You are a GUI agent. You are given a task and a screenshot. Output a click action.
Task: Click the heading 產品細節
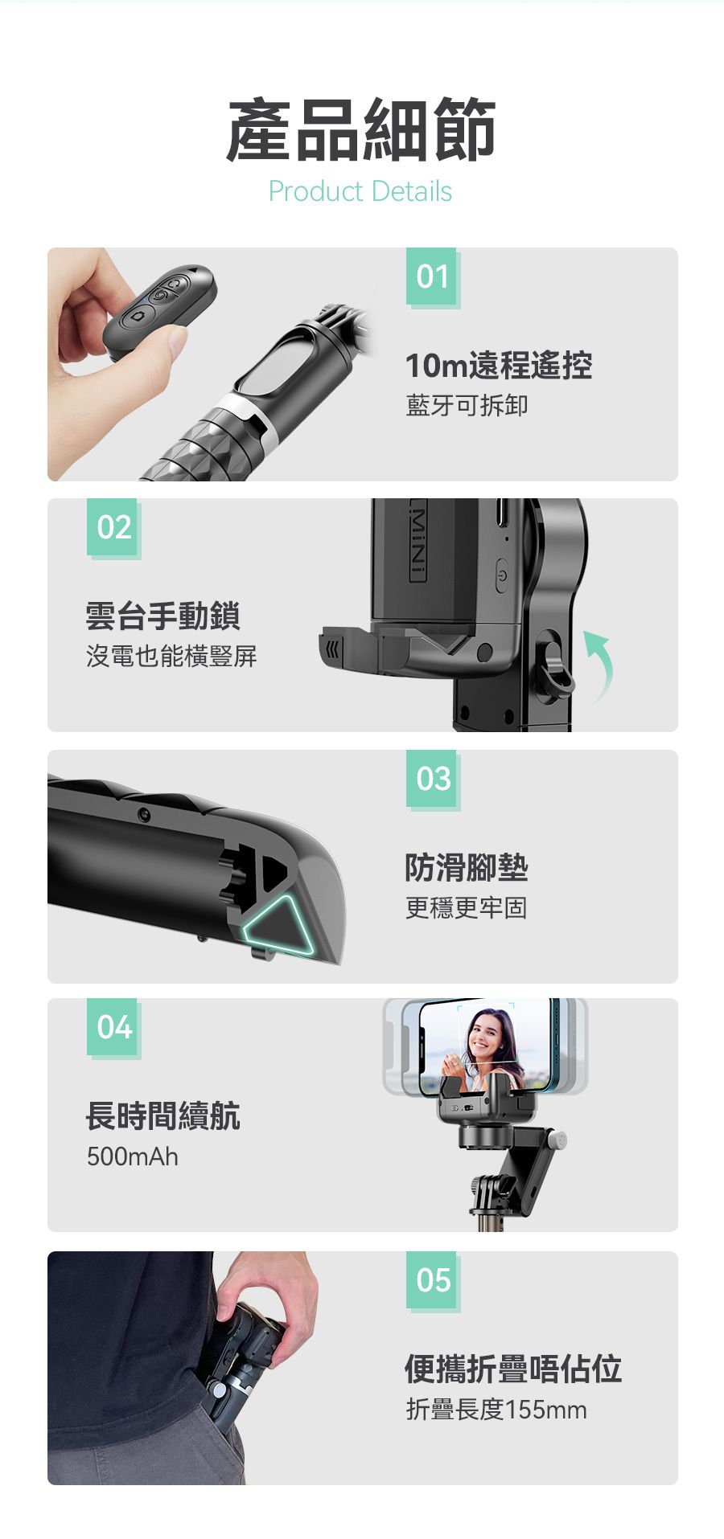click(361, 129)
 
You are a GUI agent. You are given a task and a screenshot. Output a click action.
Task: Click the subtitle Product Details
click(360, 191)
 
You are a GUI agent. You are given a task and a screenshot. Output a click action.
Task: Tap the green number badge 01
click(432, 277)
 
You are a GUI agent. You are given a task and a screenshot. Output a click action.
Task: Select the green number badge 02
click(113, 528)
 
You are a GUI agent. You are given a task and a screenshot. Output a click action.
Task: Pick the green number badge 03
click(432, 779)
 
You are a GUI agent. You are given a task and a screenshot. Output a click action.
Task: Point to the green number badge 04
click(113, 1028)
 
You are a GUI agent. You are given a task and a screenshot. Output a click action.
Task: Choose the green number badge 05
click(432, 1280)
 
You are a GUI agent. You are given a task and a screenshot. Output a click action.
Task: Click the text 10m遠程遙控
click(499, 366)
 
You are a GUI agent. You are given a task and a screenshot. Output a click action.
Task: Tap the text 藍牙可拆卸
click(467, 405)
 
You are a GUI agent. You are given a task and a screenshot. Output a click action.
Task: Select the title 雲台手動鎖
click(163, 616)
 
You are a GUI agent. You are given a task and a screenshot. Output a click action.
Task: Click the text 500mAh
click(133, 1156)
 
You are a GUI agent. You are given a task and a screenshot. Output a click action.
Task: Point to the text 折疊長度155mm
click(496, 1409)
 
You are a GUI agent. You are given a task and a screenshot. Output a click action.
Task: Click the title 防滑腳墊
click(467, 867)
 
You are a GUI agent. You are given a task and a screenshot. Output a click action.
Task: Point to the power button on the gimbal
click(502, 575)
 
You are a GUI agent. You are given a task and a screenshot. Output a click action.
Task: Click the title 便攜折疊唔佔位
click(513, 1369)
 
